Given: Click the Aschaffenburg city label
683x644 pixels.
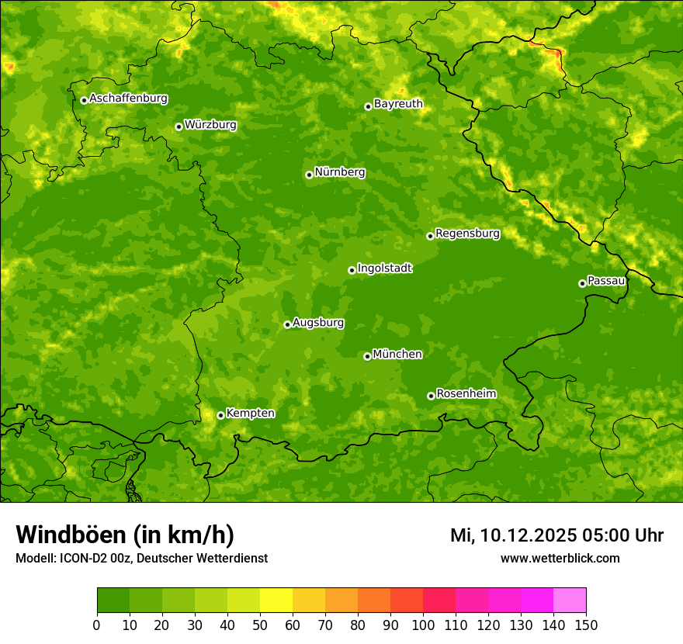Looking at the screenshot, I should coord(128,99).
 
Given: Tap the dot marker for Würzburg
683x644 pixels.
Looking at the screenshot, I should coord(179,126).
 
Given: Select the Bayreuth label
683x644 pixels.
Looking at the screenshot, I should coord(398,104).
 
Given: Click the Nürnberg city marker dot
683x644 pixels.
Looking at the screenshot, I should coord(309,175).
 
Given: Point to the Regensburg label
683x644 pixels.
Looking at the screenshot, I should coord(467,234).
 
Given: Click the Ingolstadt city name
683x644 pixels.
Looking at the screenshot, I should coord(384,268).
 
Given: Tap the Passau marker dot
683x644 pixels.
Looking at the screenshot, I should coord(582,283).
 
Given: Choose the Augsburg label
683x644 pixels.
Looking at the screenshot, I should coord(318,323).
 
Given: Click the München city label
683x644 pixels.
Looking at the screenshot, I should coord(397,355).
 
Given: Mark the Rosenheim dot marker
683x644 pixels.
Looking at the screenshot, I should coord(431,396).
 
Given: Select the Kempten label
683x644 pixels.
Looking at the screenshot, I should coord(250,414).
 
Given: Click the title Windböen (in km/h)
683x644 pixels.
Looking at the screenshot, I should coord(124,535).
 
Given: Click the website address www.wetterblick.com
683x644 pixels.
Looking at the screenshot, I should coord(560,558).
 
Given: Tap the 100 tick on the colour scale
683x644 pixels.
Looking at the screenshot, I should coord(423,625).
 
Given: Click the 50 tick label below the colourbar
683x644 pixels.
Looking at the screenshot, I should coord(260,625).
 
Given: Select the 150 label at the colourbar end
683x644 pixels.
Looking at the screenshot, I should coord(586,625).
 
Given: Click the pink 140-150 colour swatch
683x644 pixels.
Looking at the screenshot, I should coord(570,600).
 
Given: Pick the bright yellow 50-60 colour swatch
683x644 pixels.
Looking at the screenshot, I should coord(276,600).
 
